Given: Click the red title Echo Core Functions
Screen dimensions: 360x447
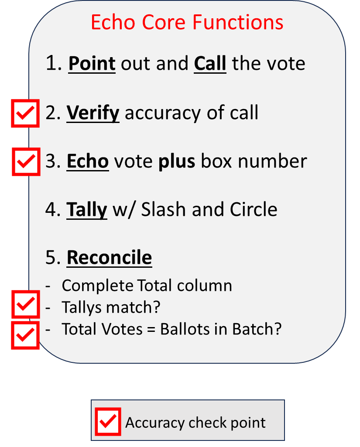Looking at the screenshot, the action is (187, 22).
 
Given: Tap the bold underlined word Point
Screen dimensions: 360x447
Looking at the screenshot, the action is (92, 64).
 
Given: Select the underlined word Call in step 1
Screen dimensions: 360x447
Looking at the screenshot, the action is (210, 64).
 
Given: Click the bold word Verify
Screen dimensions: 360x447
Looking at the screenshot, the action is (93, 113).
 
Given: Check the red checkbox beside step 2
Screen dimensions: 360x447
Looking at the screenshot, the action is (25, 113).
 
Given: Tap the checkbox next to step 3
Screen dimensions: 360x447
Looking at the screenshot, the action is (26, 162).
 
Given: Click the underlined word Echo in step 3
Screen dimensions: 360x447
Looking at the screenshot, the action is (87, 161).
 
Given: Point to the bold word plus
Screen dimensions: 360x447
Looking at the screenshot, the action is (176, 161).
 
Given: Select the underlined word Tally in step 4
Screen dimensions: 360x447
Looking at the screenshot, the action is (86, 210).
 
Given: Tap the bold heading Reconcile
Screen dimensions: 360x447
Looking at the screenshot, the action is (109, 258).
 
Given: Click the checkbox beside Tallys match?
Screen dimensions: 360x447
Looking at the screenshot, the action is (25, 304).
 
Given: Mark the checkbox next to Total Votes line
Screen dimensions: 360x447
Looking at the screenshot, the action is (25, 335).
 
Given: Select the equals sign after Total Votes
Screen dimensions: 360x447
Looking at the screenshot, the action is (151, 329).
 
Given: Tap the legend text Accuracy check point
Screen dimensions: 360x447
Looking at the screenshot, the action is (195, 423).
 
